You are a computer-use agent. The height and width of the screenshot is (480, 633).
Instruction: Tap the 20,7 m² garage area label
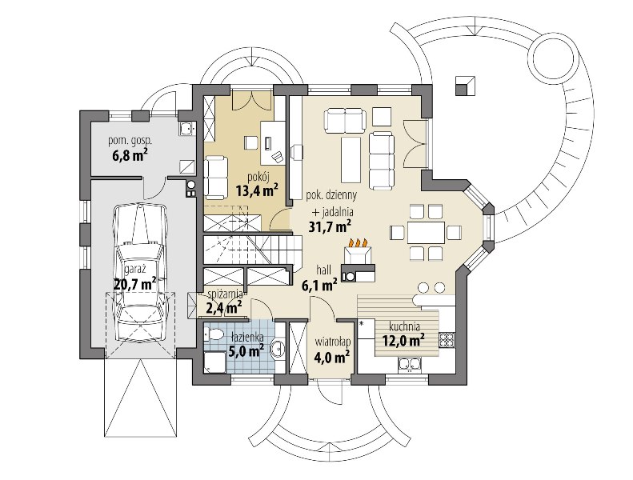point(134,284)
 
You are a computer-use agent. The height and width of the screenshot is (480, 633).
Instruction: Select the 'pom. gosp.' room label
point(130,141)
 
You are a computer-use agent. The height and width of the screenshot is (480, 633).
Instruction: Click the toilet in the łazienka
point(214,334)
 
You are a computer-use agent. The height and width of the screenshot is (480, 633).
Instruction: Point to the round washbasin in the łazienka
point(278,347)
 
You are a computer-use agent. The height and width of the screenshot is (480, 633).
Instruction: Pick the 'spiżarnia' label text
point(224,294)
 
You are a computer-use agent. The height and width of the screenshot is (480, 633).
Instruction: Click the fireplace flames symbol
point(358,242)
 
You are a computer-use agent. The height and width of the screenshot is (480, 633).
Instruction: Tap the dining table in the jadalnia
point(426,232)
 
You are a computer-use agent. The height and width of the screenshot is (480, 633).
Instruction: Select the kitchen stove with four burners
point(447,340)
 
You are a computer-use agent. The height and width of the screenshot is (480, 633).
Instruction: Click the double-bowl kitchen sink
point(410,364)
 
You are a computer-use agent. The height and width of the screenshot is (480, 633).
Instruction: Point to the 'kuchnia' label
point(404,326)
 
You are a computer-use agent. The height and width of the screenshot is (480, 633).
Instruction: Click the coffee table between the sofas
point(351,159)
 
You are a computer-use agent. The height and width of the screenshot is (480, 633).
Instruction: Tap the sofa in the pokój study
point(216,178)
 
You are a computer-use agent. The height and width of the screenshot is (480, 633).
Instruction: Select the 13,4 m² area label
point(258,190)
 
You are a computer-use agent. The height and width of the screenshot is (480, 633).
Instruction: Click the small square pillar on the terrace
point(465,85)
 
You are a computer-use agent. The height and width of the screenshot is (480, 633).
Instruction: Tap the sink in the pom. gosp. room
point(186,128)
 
